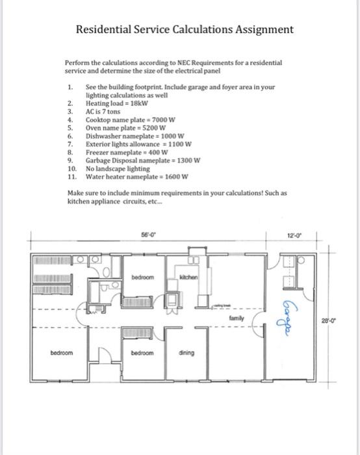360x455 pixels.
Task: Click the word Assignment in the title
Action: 264,30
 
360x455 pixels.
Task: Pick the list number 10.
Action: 72,168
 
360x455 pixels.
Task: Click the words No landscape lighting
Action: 118,169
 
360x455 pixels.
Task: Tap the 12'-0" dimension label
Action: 294,235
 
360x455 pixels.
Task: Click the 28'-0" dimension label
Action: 329,321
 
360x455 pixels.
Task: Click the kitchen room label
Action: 188,278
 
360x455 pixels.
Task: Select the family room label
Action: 237,318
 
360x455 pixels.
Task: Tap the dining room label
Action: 186,353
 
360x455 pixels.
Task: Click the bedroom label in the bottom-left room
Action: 62,353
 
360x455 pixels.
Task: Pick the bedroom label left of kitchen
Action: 143,278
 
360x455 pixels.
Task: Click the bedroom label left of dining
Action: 142,353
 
